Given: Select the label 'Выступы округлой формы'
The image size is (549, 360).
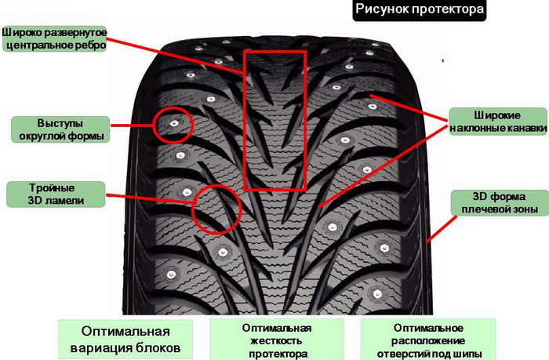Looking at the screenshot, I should tap(60, 129).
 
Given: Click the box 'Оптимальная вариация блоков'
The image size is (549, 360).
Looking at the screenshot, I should tap(125, 338).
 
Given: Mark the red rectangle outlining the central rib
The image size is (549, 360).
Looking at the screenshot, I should tap(273, 121).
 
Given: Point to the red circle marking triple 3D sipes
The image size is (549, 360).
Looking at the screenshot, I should tap(215, 209).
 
